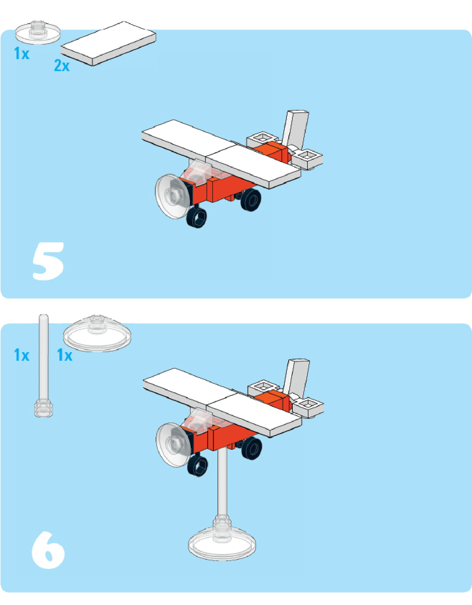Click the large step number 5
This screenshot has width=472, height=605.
click(x=48, y=261)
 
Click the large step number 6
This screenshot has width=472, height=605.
click(x=48, y=550)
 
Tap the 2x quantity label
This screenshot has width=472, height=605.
click(x=62, y=65)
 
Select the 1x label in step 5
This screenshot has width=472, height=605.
click(x=21, y=54)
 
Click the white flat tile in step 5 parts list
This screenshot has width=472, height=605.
click(x=109, y=43)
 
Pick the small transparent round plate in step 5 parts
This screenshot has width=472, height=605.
click(x=38, y=32)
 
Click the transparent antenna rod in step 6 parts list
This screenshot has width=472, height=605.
click(x=44, y=366)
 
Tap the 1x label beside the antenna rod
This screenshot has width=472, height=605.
click(x=21, y=355)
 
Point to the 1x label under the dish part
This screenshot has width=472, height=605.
click(x=65, y=355)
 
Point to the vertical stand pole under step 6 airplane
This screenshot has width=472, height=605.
click(x=222, y=484)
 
